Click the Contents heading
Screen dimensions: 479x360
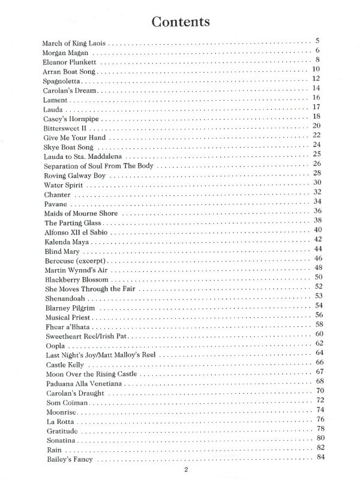tap(180, 22)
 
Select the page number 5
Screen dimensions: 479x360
tap(316, 41)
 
